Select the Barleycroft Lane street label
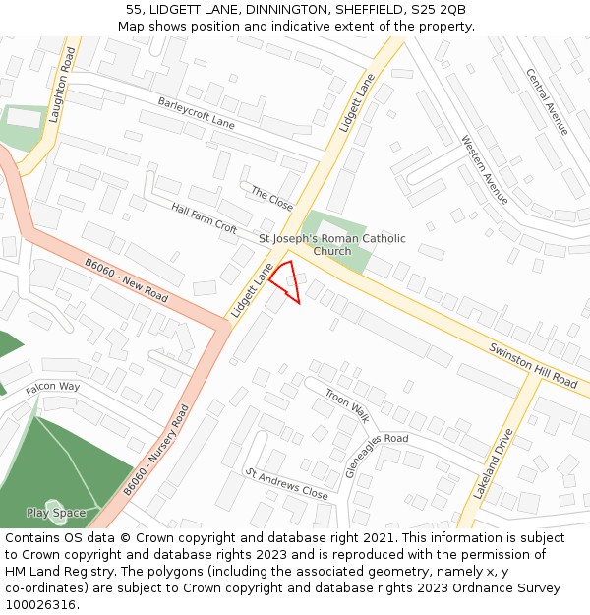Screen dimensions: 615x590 tap(196, 112)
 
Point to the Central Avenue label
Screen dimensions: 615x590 tap(547, 101)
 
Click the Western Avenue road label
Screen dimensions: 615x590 tap(485, 169)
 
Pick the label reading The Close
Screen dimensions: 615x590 tap(271, 198)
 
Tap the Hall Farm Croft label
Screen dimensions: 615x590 tap(205, 217)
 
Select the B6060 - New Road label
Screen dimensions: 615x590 tap(126, 280)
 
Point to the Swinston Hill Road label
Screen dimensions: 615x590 tap(533, 363)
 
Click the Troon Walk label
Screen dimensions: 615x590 tap(346, 404)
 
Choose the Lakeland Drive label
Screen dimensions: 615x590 tap(493, 463)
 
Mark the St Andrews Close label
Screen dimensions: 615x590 tap(286, 484)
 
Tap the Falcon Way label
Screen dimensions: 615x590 tap(53, 387)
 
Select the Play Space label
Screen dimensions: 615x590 tap(56, 513)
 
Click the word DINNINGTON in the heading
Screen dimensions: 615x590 tap(291, 9)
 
